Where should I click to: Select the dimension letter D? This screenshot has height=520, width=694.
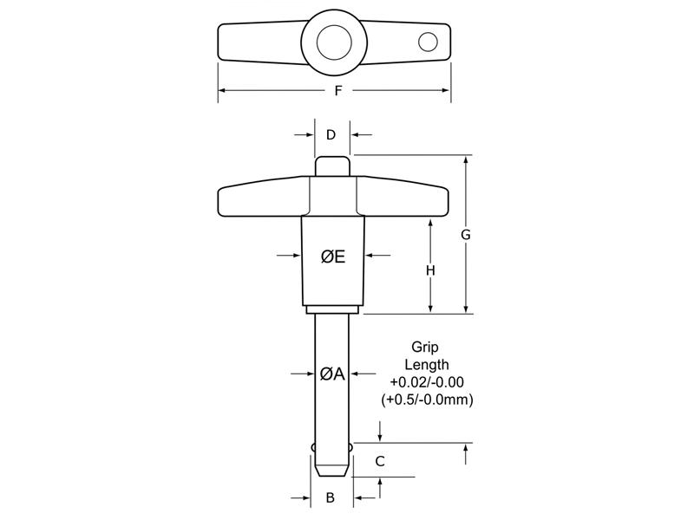pos(331,134)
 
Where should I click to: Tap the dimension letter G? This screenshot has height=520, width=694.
pos(465,235)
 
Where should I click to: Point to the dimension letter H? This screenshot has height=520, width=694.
pos(429,270)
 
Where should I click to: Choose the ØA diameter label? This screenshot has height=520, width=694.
pos(332,374)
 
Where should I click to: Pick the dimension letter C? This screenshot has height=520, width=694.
pos(379,462)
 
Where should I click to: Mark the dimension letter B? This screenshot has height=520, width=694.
pos(330,497)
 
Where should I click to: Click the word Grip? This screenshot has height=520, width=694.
pos(425,347)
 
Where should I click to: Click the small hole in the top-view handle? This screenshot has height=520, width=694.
pos(427,41)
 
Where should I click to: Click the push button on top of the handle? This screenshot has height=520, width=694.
pos(331,165)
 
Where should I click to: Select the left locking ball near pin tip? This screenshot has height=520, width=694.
pos(311,447)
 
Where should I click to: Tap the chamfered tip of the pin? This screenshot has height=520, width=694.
pos(331,469)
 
